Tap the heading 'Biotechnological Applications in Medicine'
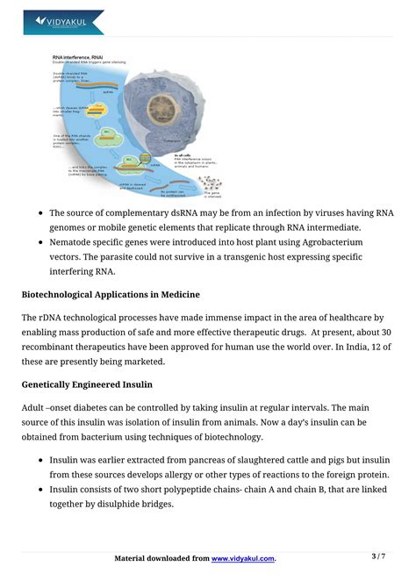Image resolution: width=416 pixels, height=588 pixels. [111, 294]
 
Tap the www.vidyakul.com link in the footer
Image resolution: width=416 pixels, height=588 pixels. [243, 558]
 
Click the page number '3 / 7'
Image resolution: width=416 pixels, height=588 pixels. [378, 556]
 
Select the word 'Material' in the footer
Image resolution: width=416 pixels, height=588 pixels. [134, 558]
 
